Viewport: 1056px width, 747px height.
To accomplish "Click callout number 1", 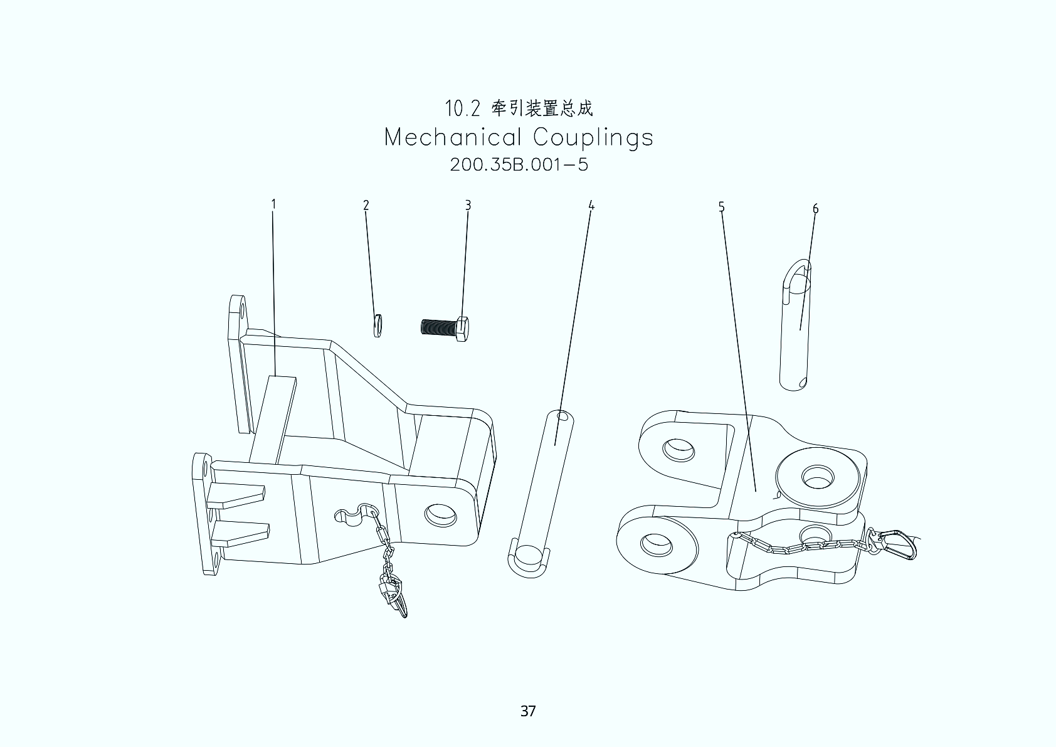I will click(273, 204).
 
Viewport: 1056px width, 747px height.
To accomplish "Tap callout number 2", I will click(366, 205).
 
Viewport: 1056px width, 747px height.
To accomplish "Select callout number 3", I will click(468, 205).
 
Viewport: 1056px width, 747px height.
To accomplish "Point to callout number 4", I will click(591, 205).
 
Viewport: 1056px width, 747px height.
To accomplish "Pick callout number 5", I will click(721, 206).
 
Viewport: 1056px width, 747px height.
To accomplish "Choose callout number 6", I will click(815, 208).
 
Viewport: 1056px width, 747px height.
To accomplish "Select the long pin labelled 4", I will click(542, 489).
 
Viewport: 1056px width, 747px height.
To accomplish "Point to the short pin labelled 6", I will click(795, 326).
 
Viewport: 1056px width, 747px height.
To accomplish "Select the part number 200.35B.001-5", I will click(519, 165).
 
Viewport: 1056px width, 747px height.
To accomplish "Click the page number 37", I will click(527, 711).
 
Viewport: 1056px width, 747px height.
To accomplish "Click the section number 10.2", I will click(462, 109).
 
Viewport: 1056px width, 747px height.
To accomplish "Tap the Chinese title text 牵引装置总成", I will click(542, 109).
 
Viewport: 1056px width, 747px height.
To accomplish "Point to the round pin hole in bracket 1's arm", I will click(440, 514).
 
